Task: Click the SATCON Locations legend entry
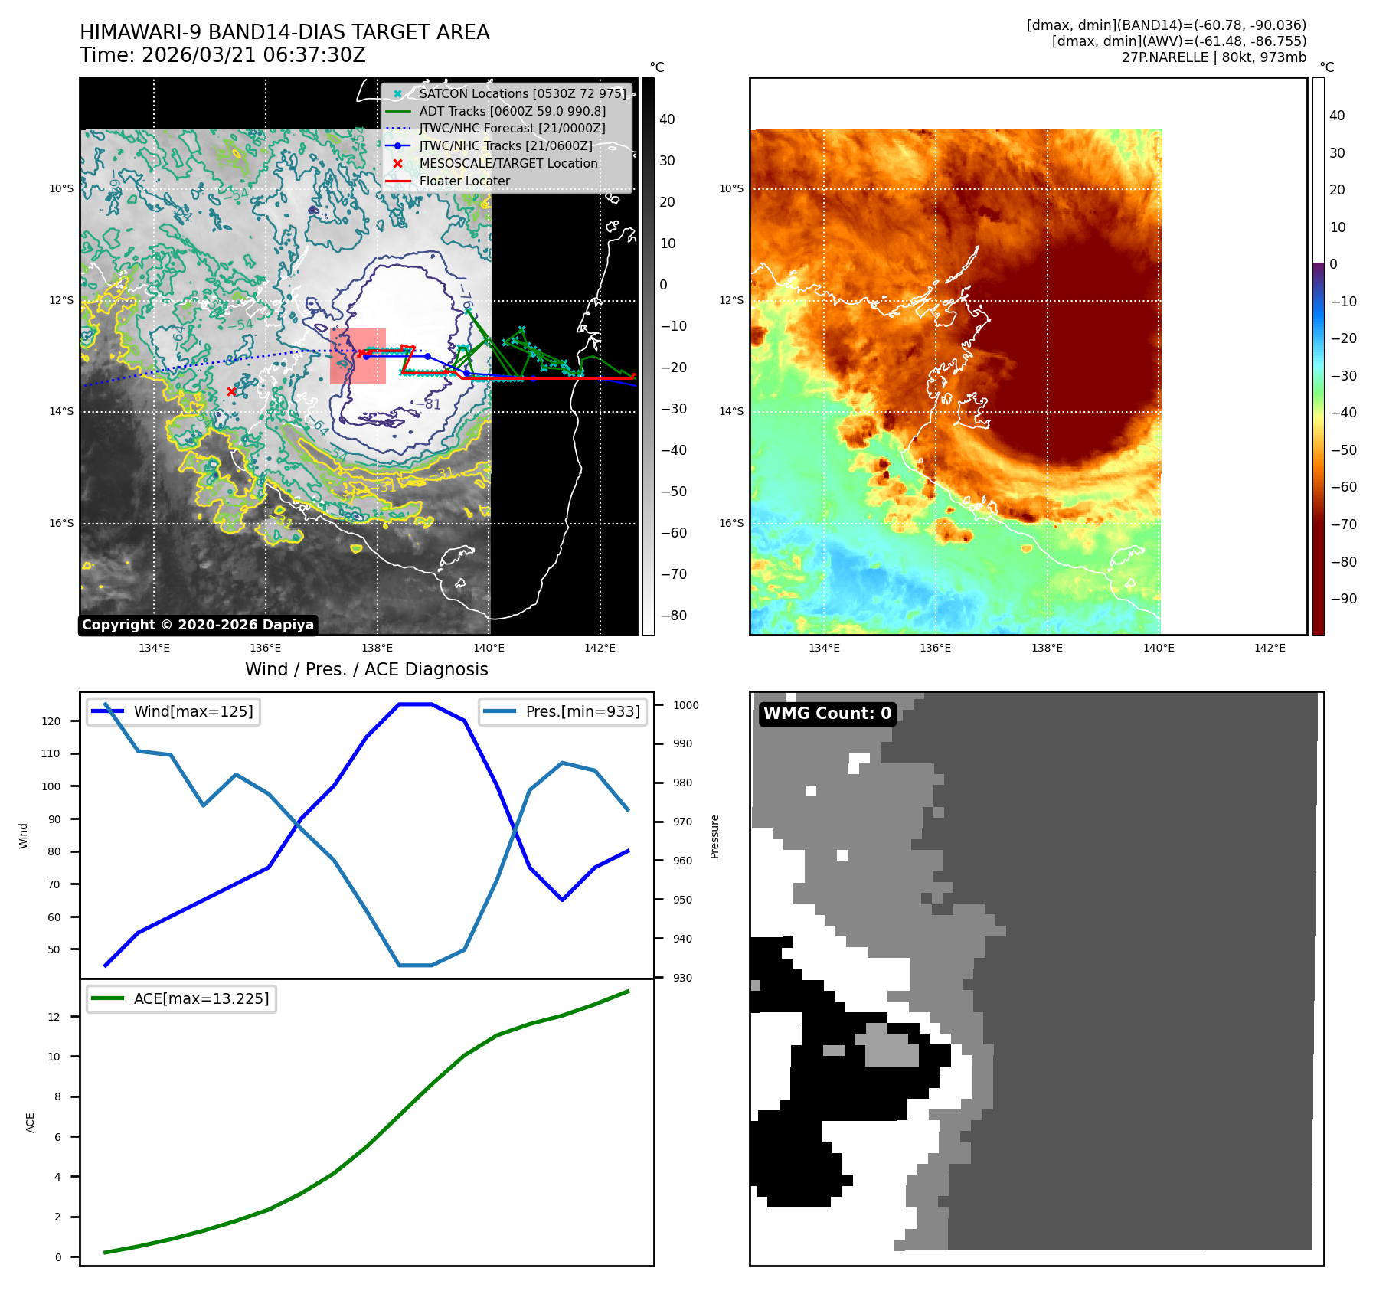pyautogui.click(x=522, y=93)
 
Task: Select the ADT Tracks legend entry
pyautogui.click(x=512, y=111)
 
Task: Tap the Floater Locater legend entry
pyautogui.click(x=464, y=181)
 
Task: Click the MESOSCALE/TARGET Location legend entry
pyautogui.click(x=508, y=163)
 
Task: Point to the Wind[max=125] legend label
pyautogui.click(x=193, y=711)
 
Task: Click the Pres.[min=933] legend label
pyautogui.click(x=583, y=711)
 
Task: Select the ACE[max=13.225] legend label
pyautogui.click(x=201, y=998)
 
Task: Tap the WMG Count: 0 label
pyautogui.click(x=827, y=714)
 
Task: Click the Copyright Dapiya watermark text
pyautogui.click(x=198, y=625)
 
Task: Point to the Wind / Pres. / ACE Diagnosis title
pyautogui.click(x=366, y=669)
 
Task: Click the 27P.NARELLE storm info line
pyautogui.click(x=1214, y=57)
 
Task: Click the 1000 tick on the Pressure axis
pyautogui.click(x=685, y=705)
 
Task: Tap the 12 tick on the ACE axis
pyautogui.click(x=54, y=1017)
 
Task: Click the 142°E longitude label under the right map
pyautogui.click(x=1270, y=648)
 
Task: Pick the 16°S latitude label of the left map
pyautogui.click(x=61, y=524)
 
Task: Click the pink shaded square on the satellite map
pyautogui.click(x=358, y=356)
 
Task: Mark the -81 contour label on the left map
pyautogui.click(x=433, y=404)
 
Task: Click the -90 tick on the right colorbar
pyautogui.click(x=1343, y=599)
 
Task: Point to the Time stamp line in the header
pyautogui.click(x=222, y=55)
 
